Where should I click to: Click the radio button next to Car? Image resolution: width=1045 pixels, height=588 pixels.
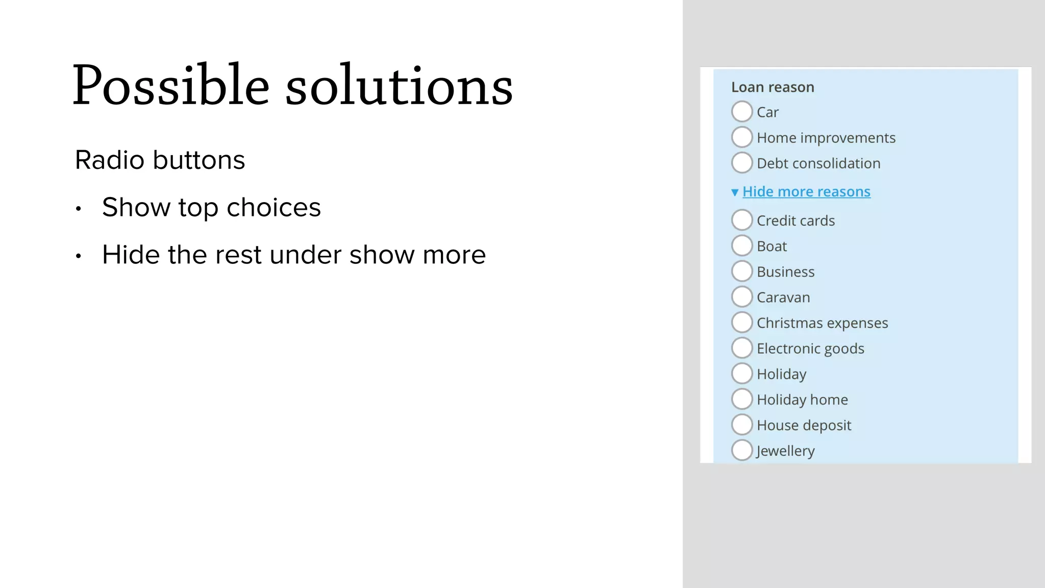742,111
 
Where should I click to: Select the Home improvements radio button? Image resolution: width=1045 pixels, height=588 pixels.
742,137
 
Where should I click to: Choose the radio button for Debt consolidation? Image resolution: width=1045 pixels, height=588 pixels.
742,162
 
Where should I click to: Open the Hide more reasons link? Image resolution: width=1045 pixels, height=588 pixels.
806,191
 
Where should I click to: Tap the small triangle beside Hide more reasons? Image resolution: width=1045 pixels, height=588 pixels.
735,192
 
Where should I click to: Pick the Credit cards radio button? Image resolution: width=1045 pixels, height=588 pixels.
742,220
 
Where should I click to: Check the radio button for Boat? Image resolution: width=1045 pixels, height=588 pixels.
742,246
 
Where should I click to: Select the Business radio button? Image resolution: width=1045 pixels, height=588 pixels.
742,271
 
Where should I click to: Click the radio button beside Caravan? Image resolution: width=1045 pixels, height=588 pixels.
742,297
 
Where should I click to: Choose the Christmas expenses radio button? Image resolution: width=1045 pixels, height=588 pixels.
742,322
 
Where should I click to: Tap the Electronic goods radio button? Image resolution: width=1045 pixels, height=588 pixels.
742,348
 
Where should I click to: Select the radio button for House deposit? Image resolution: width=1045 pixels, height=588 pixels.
742,424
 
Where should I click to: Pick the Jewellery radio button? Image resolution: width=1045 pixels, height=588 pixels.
742,450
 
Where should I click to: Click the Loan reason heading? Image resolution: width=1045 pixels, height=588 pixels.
773,87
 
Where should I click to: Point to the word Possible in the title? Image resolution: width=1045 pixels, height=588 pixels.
170,86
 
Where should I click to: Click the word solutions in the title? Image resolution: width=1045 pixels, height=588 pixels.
399,86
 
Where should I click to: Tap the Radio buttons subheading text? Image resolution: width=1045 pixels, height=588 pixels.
160,160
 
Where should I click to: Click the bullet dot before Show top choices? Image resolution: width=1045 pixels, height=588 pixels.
78,209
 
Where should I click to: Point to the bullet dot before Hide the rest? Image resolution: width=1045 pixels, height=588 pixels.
78,256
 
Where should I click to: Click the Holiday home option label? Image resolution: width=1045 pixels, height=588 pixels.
802,400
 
